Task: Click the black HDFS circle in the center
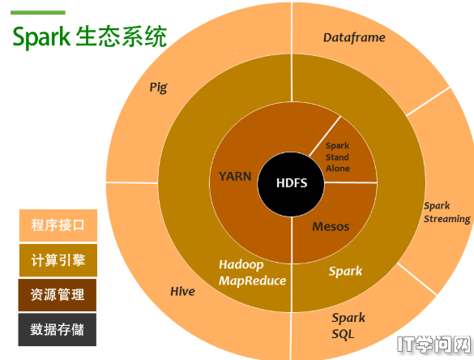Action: [291, 184]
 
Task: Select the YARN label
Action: [235, 177]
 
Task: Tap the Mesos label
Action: [331, 226]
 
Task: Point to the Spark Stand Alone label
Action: [337, 157]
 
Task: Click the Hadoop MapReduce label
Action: [252, 272]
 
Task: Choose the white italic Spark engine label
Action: [345, 271]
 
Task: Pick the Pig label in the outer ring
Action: [158, 88]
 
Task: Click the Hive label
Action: [182, 291]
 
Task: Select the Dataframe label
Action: [354, 37]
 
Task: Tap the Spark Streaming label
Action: [447, 212]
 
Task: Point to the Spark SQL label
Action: [348, 326]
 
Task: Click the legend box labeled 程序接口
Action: [58, 225]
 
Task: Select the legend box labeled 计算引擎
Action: [58, 260]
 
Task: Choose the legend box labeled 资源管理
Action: [58, 295]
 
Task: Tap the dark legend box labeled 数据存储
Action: [58, 329]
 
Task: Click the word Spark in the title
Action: [41, 37]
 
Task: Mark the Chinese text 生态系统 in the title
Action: [122, 36]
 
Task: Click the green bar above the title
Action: [38, 13]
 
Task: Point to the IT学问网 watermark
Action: [434, 345]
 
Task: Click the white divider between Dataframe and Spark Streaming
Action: [428, 101]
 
